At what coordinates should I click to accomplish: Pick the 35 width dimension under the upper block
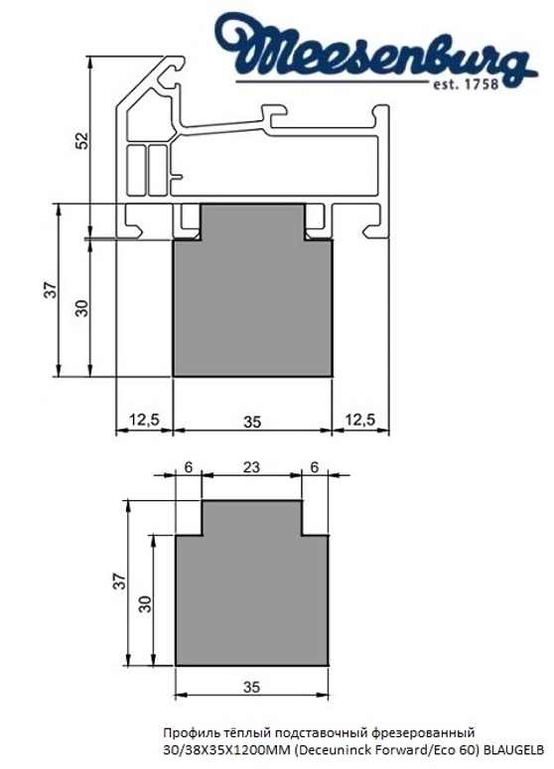click(251, 421)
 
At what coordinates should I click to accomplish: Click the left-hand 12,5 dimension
click(145, 421)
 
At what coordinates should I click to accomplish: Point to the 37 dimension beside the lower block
click(119, 582)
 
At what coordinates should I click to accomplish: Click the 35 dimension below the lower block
click(251, 686)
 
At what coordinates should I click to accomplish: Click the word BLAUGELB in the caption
click(511, 749)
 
